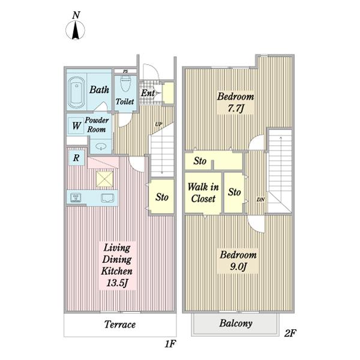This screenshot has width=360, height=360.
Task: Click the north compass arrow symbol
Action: click(x=76, y=30)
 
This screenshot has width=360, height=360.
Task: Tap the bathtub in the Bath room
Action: click(x=76, y=92)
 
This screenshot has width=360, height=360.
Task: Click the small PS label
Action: click(x=125, y=71)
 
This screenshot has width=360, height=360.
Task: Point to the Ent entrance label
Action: click(x=148, y=93)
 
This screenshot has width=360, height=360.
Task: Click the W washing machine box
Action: click(x=76, y=126)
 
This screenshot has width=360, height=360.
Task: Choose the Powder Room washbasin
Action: click(x=101, y=146)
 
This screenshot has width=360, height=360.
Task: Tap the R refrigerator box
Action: click(x=77, y=158)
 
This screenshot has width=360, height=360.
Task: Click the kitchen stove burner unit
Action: click(x=76, y=197)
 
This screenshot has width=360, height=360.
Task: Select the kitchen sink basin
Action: click(x=107, y=198)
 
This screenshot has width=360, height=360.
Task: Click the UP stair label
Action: click(x=158, y=124)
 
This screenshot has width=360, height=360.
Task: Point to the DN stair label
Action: click(x=260, y=200)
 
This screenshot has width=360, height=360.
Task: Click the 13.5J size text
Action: click(x=117, y=283)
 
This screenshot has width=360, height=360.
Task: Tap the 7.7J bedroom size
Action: click(x=235, y=108)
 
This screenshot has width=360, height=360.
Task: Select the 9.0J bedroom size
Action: click(x=238, y=266)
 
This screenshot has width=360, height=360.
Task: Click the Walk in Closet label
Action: click(x=203, y=193)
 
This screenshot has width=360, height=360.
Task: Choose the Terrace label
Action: click(x=120, y=325)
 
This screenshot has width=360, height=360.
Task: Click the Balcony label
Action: click(x=236, y=323)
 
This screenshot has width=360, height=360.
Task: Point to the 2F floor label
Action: click(x=290, y=333)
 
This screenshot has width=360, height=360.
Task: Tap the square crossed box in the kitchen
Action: click(x=104, y=179)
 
